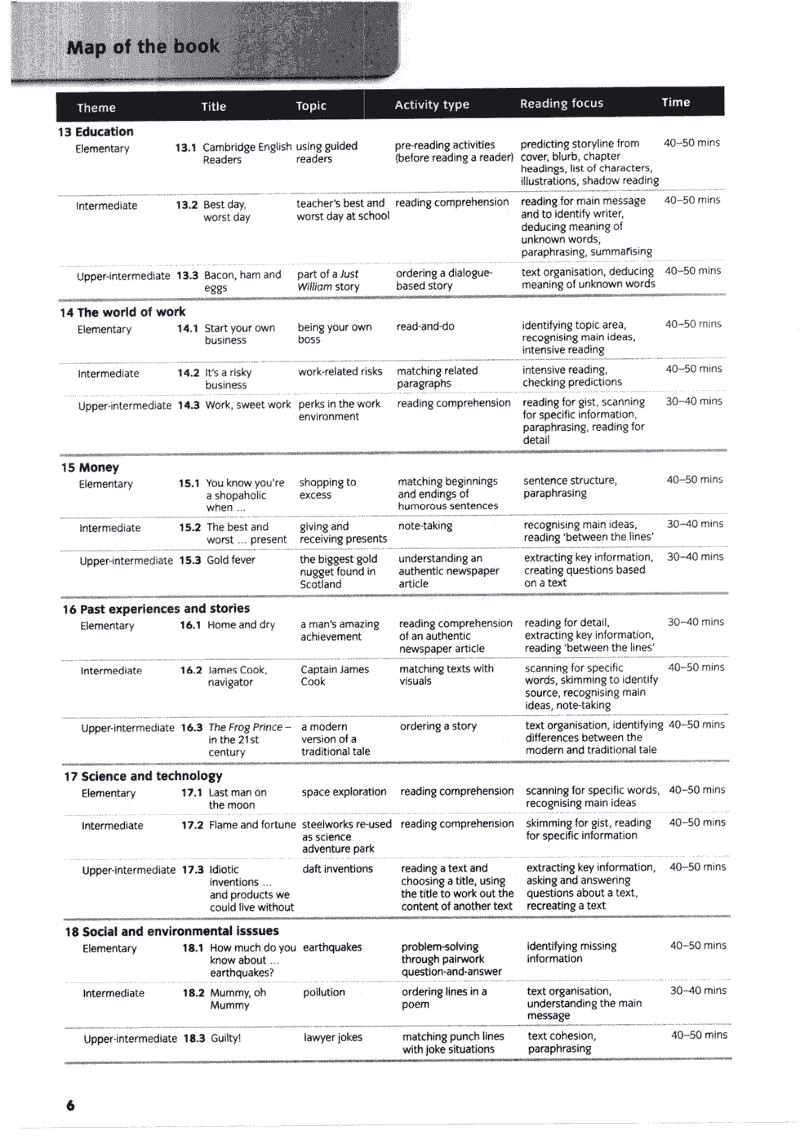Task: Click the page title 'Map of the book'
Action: pyautogui.click(x=143, y=47)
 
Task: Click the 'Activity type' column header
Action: pyautogui.click(x=432, y=104)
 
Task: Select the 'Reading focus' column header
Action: pyautogui.click(x=562, y=104)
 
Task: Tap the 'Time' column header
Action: pyautogui.click(x=675, y=102)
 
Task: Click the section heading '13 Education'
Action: pyautogui.click(x=96, y=131)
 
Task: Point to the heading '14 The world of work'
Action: pyautogui.click(x=122, y=312)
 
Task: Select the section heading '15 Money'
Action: pyautogui.click(x=90, y=468)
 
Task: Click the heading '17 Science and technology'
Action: pyautogui.click(x=143, y=776)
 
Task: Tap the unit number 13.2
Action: pyautogui.click(x=187, y=205)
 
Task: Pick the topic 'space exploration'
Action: pyautogui.click(x=344, y=791)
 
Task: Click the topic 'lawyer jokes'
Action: pyautogui.click(x=332, y=1037)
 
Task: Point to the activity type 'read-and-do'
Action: pyautogui.click(x=425, y=326)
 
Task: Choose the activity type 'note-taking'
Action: pyautogui.click(x=425, y=526)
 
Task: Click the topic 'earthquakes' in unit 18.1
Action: pyautogui.click(x=332, y=947)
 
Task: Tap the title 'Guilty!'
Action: pyautogui.click(x=226, y=1039)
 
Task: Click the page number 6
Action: pyautogui.click(x=70, y=1106)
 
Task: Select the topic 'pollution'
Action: pyautogui.click(x=324, y=992)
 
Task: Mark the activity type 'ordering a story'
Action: pyautogui.click(x=438, y=726)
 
